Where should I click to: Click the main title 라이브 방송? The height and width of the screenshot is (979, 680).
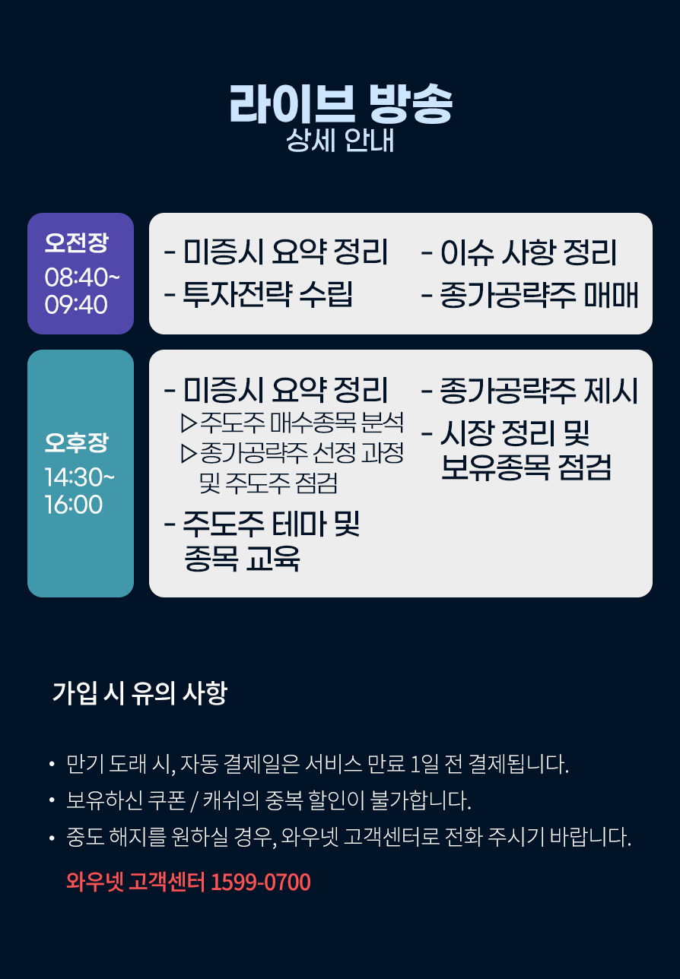click(341, 104)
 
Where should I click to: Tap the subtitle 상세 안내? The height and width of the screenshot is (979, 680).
click(340, 141)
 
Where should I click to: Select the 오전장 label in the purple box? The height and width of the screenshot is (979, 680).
click(77, 242)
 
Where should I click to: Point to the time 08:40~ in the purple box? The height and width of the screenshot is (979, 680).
click(82, 277)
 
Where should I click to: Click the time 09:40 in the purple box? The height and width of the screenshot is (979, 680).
click(76, 304)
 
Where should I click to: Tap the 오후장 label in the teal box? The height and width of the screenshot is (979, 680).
click(77, 442)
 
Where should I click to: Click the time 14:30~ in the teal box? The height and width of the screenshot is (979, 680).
click(80, 477)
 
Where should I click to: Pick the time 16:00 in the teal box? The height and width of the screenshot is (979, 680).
click(74, 505)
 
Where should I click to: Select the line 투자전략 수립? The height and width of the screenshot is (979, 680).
click(268, 293)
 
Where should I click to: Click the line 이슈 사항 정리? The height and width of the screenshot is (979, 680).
click(529, 252)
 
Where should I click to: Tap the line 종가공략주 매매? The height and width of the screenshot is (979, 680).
click(539, 294)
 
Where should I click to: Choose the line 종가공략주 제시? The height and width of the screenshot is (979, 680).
click(539, 390)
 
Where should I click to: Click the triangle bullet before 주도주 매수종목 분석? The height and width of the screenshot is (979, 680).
click(188, 423)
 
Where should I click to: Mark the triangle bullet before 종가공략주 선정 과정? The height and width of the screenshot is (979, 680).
click(188, 453)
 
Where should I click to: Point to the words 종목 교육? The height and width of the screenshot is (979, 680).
click(242, 558)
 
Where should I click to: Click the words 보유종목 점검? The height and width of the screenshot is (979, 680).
click(526, 467)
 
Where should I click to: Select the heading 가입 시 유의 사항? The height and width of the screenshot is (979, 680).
click(140, 692)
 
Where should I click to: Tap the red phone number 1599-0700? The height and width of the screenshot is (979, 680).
click(261, 882)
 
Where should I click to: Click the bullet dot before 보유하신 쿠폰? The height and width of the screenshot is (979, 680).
click(52, 800)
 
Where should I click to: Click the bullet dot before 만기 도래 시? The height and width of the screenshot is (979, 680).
click(52, 764)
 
